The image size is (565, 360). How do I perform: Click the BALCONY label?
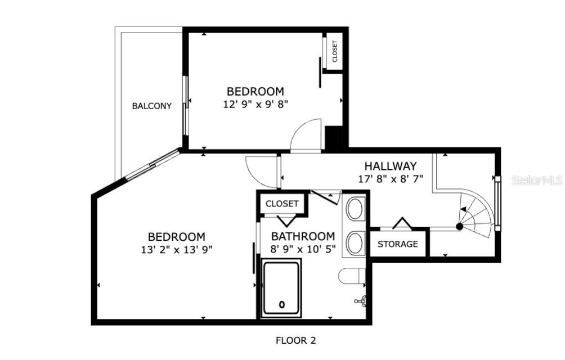click(152, 106)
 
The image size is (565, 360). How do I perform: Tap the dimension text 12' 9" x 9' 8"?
click(255, 105)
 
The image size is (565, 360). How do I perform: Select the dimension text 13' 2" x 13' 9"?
click(177, 250)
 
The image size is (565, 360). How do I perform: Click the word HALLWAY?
click(391, 166)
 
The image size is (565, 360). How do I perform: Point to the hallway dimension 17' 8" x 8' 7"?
click(391, 178)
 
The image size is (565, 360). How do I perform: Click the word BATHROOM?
click(303, 236)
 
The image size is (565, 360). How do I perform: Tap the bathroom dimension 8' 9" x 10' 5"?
click(303, 249)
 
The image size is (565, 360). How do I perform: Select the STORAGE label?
click(398, 244)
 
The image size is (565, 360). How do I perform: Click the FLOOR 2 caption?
click(296, 340)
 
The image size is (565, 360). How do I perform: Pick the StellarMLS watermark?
click(537, 181)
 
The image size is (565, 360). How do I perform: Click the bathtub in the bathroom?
click(281, 288)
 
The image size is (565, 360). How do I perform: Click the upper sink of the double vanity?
click(355, 209)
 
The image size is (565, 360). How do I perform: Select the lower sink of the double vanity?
click(355, 244)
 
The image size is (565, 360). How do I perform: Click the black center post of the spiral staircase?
click(459, 227)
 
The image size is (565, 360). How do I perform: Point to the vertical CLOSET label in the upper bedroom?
click(334, 51)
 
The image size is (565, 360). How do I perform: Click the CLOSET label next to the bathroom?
click(282, 204)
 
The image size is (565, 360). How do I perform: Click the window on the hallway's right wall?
click(497, 204)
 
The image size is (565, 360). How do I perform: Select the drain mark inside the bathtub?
click(282, 305)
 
